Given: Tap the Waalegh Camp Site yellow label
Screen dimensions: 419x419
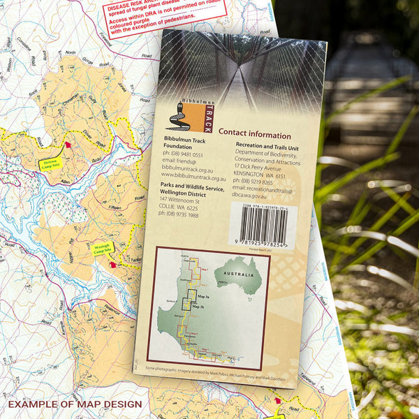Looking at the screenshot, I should pos(104,248).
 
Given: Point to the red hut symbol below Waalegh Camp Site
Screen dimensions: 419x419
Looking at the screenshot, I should pos(113,265).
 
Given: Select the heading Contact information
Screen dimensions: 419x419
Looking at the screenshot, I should pos(254,134).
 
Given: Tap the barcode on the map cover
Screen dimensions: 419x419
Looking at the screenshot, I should pos(266,224).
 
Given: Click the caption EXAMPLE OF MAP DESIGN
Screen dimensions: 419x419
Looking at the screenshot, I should pos(75,404).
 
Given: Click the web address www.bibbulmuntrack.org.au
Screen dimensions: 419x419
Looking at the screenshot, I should pos(193,177).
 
